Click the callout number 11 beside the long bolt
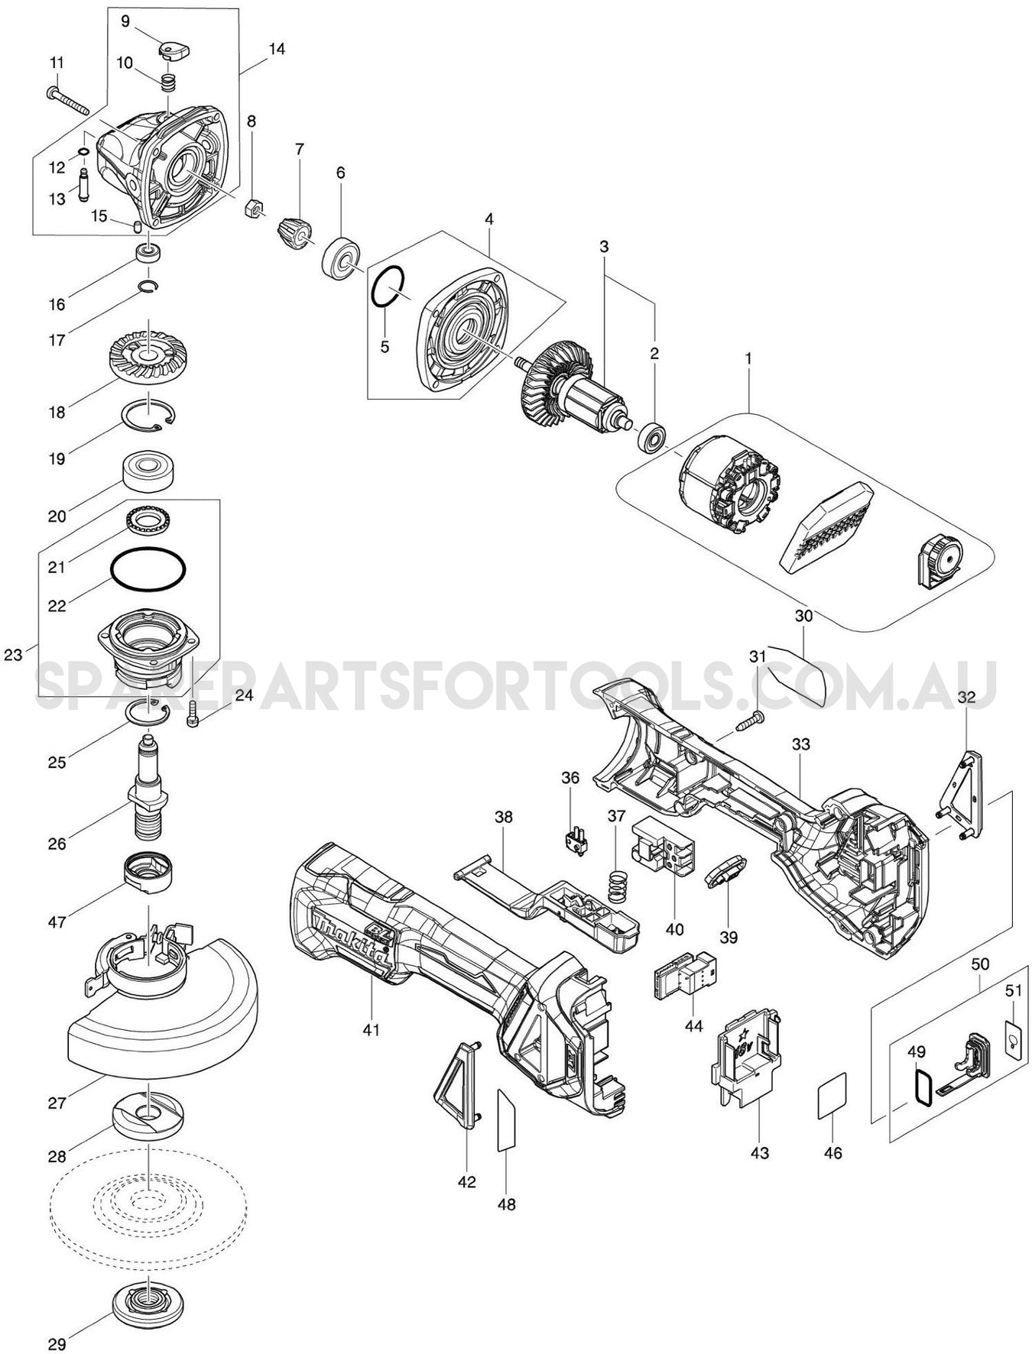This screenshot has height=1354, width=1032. tap(57, 62)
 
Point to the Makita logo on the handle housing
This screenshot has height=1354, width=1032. tap(354, 937)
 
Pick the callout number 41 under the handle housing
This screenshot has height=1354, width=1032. tap(371, 1030)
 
